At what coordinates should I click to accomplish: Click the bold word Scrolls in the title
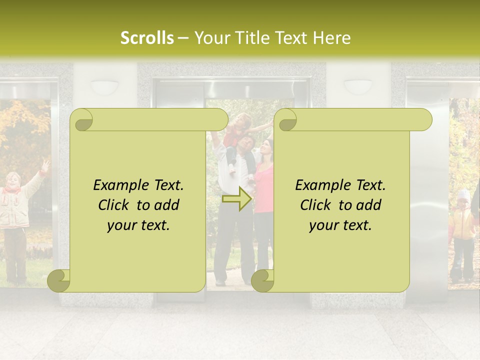click(147, 38)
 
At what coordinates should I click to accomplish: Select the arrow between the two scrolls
click(237, 198)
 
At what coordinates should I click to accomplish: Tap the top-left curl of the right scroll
click(286, 120)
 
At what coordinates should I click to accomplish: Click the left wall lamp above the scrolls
click(103, 86)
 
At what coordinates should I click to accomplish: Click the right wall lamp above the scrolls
click(357, 86)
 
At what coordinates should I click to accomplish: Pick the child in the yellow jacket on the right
click(462, 230)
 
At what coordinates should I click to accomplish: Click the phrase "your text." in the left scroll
click(138, 225)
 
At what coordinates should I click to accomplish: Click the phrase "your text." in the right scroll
click(340, 225)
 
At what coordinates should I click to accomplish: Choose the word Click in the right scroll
click(315, 205)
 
